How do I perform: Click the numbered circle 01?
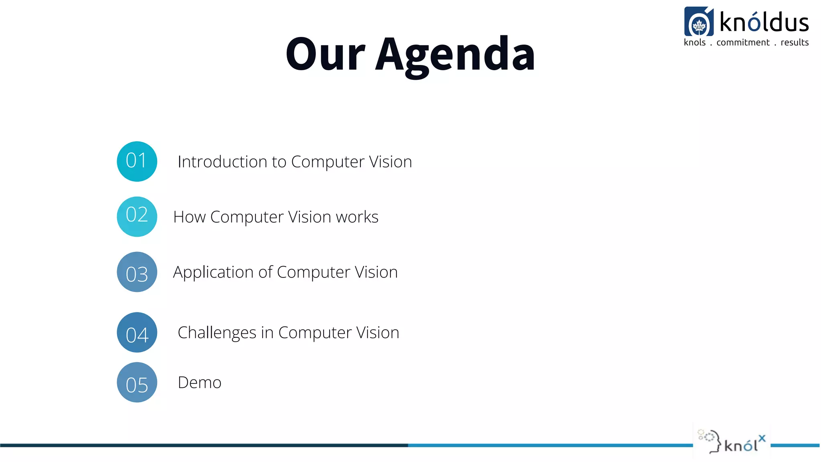[x=137, y=161]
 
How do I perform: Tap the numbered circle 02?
[x=137, y=217]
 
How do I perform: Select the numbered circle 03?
[x=137, y=272]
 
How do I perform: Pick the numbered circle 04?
[x=137, y=332]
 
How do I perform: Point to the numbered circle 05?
[x=137, y=383]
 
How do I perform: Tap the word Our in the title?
[x=325, y=55]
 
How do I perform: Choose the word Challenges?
[x=217, y=333]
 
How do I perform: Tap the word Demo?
[x=199, y=383]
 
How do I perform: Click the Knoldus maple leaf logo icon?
[x=699, y=22]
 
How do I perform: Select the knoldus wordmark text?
[x=764, y=22]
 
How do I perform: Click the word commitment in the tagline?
[x=743, y=43]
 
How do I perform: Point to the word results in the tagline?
[x=795, y=43]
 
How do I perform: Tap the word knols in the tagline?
[x=695, y=43]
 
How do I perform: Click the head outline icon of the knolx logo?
[x=711, y=441]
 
